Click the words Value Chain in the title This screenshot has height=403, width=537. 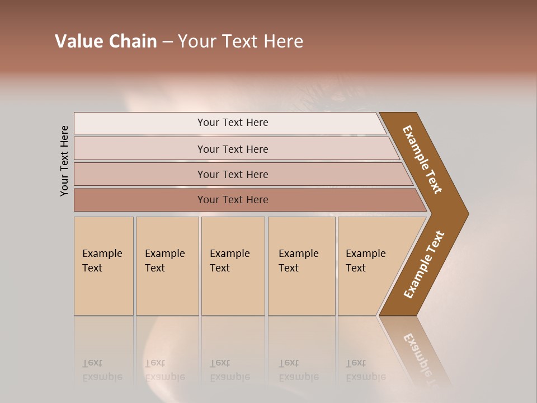106,41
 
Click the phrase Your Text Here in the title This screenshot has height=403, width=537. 241,41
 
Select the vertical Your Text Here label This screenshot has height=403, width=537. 64,161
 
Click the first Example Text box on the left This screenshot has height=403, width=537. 103,266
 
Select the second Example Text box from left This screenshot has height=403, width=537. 167,266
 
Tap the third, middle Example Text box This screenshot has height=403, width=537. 233,266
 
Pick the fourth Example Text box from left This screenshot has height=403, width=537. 301,266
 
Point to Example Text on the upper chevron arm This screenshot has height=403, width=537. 422,160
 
